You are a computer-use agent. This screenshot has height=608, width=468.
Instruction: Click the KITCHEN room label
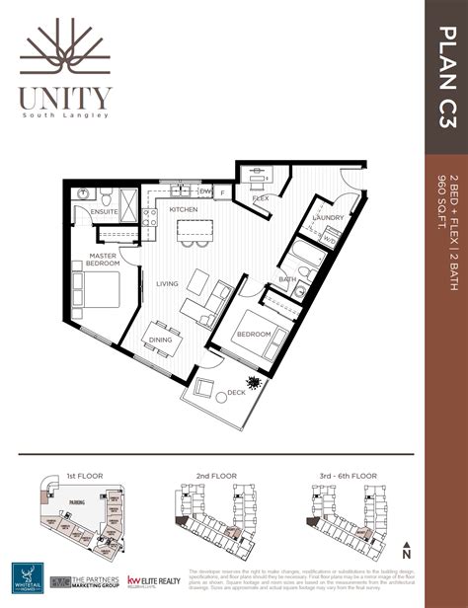click(184, 210)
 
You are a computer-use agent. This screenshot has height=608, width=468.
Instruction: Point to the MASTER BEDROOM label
click(102, 260)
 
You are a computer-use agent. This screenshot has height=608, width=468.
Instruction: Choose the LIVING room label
click(167, 283)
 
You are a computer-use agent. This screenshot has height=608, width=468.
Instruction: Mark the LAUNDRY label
click(327, 217)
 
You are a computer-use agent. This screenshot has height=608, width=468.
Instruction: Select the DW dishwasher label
click(204, 191)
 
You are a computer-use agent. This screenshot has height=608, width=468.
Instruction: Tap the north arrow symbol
click(406, 548)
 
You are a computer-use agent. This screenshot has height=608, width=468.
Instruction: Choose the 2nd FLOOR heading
click(215, 475)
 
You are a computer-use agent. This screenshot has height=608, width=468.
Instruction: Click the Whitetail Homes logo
click(28, 576)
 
